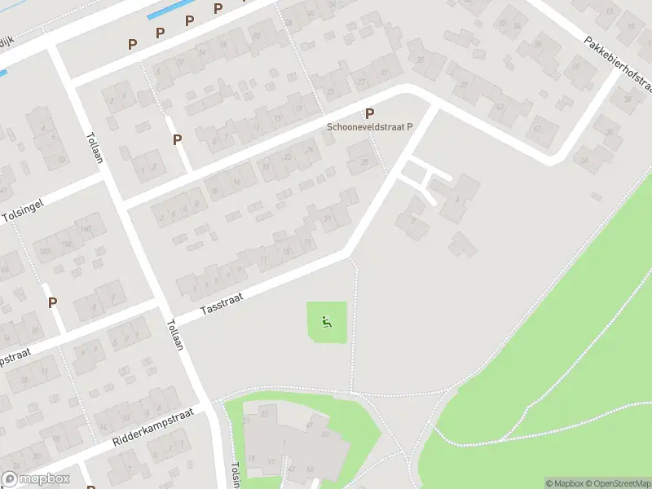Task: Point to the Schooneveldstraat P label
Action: click(x=370, y=127)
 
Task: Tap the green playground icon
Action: click(x=327, y=323)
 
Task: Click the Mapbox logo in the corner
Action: click(x=34, y=479)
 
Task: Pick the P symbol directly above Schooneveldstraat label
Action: click(x=370, y=114)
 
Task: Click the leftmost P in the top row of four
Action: click(x=132, y=43)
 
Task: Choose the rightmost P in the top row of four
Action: click(x=218, y=9)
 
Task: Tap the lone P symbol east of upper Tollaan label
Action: click(x=177, y=140)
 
